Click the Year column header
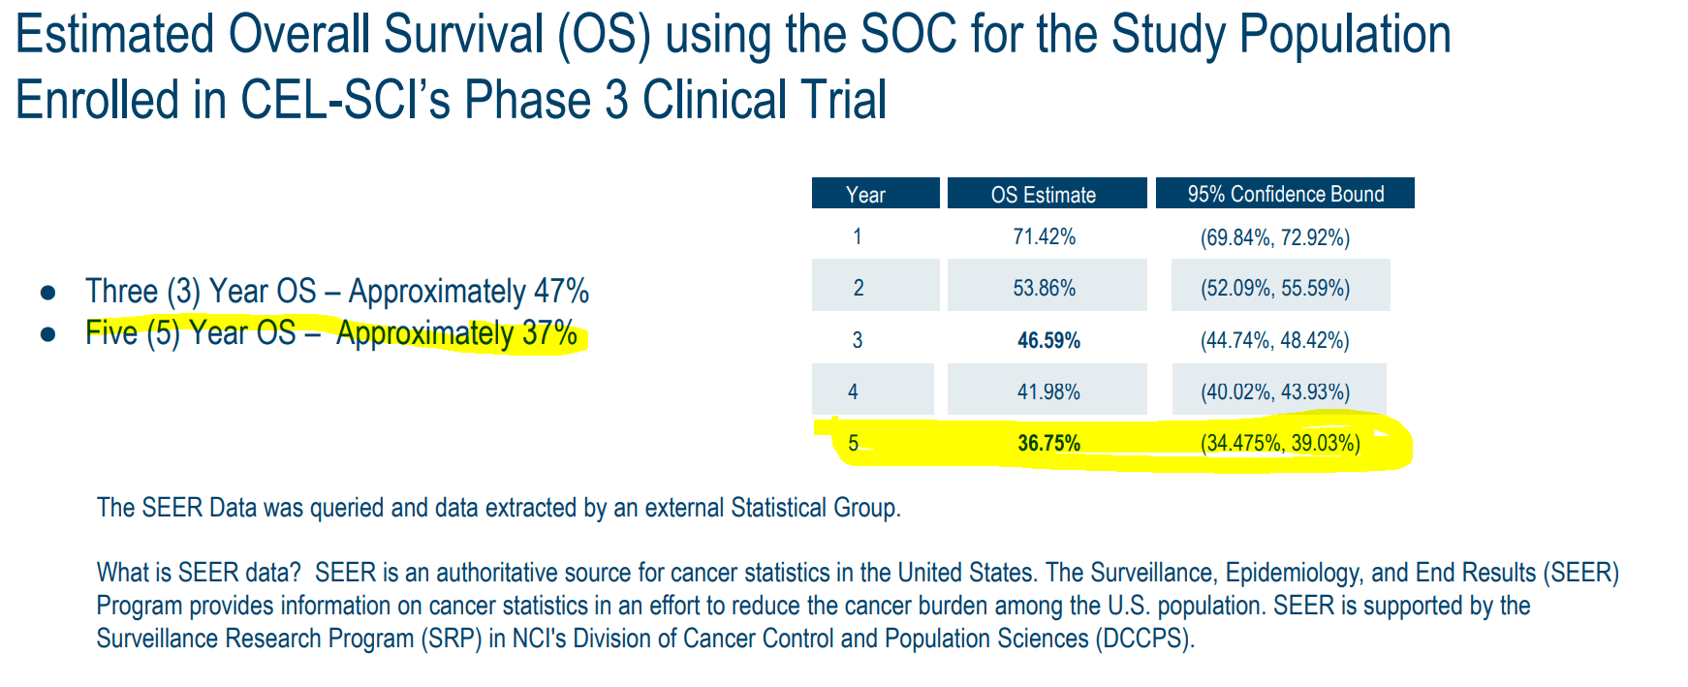point(865,194)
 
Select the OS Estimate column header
point(1044,194)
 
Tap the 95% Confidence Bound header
point(1286,194)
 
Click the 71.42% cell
point(1045,236)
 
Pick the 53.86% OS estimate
point(1045,288)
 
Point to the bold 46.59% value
point(1048,340)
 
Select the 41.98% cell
point(1048,391)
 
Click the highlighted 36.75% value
point(1048,444)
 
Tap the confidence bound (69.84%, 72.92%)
point(1274,237)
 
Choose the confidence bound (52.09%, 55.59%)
point(1274,288)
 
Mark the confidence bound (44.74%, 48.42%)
point(1274,340)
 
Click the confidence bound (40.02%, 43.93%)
point(1274,391)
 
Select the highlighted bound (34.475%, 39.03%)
point(1280,444)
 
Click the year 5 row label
point(853,444)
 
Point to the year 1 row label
point(857,236)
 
